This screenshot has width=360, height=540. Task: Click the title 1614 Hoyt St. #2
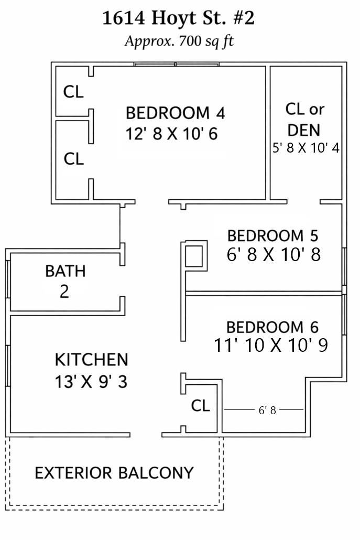click(x=178, y=18)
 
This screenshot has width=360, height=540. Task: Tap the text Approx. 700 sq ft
click(x=179, y=41)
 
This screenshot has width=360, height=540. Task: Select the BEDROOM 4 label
click(x=175, y=113)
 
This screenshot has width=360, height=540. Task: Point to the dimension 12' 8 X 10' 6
click(x=171, y=134)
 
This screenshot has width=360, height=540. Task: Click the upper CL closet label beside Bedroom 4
click(x=73, y=92)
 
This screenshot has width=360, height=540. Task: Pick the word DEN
click(x=304, y=130)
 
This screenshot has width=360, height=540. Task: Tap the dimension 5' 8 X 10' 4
click(x=306, y=148)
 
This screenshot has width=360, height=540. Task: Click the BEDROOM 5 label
click(x=272, y=236)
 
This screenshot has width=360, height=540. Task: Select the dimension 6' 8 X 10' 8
click(x=274, y=255)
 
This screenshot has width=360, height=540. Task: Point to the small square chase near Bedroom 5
click(x=194, y=256)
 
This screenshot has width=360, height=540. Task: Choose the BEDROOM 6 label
click(x=272, y=327)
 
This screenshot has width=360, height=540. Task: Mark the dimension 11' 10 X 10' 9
click(x=271, y=345)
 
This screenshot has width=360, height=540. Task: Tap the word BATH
click(x=66, y=271)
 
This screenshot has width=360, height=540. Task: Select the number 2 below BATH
click(x=64, y=291)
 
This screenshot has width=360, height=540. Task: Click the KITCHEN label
click(x=92, y=360)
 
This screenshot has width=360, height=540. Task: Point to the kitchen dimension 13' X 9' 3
click(x=91, y=382)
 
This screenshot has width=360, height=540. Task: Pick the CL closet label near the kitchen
click(x=200, y=406)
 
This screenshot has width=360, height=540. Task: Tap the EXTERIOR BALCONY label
click(x=114, y=473)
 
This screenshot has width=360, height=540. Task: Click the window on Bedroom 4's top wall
click(x=176, y=64)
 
